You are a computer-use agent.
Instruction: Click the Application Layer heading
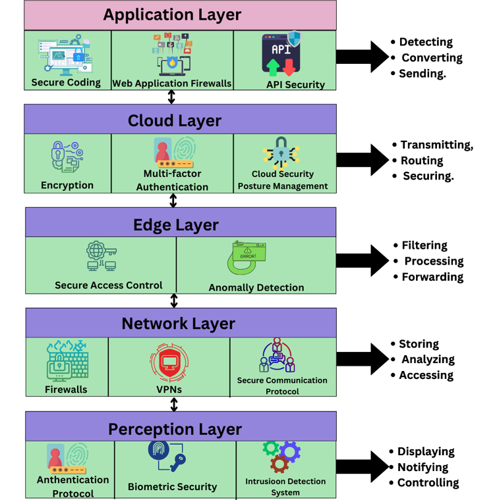(173, 14)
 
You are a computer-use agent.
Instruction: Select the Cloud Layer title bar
(175, 120)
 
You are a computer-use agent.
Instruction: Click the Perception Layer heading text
(175, 429)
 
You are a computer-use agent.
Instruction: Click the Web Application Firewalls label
(172, 84)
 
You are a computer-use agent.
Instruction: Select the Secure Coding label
(66, 83)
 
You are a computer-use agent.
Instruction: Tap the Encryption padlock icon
(66, 157)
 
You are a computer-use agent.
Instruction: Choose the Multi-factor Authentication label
(172, 180)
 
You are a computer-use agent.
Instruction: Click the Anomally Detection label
(256, 287)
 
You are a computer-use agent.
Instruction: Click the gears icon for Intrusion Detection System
(281, 456)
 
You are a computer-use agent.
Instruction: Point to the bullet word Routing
(422, 161)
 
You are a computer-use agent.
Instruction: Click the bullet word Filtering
(424, 245)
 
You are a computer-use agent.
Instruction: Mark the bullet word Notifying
(422, 467)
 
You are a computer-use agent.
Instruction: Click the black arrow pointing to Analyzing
(363, 359)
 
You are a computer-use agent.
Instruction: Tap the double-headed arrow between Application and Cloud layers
(172, 97)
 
